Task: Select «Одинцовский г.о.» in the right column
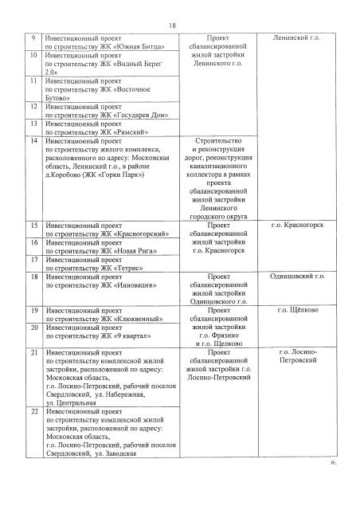(x=298, y=277)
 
